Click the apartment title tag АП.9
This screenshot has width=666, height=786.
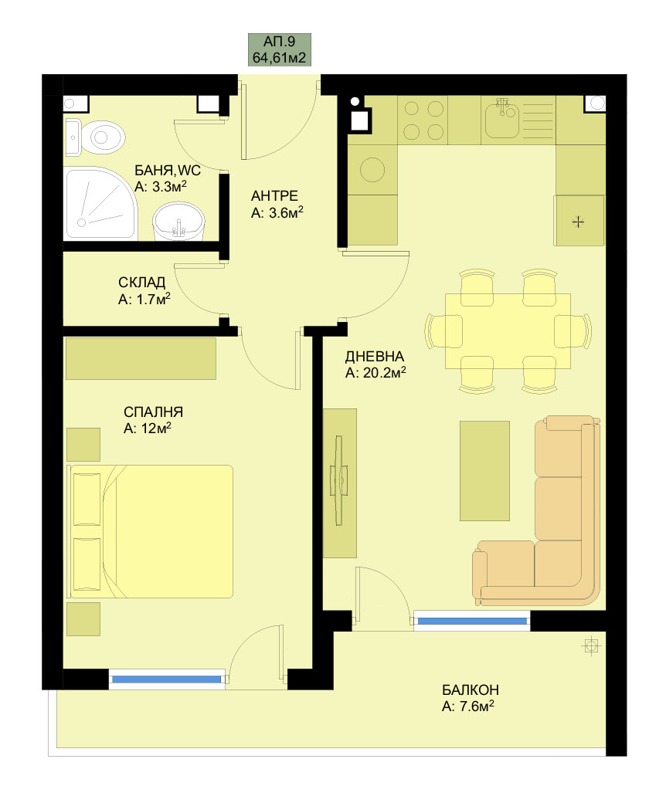pyautogui.click(x=280, y=49)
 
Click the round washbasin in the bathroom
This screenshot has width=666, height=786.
pyautogui.click(x=178, y=221)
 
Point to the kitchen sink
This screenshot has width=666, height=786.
pyautogui.click(x=501, y=119)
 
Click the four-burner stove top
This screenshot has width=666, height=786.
pyautogui.click(x=423, y=120)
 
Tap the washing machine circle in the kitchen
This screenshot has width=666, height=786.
pyautogui.click(x=372, y=169)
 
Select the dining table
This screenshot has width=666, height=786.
pyautogui.click(x=508, y=330)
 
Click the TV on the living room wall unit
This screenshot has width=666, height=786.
pyautogui.click(x=338, y=480)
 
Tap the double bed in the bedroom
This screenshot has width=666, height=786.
pyautogui.click(x=151, y=531)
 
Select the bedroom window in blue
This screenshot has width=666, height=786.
pyautogui.click(x=166, y=679)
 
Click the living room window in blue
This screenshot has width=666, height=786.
pyautogui.click(x=472, y=621)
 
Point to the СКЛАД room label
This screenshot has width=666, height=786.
pyautogui.click(x=142, y=283)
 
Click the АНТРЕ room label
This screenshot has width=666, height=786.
pyautogui.click(x=274, y=195)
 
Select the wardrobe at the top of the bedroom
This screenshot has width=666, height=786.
pyautogui.click(x=141, y=358)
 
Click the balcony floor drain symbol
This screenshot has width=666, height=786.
pyautogui.click(x=591, y=645)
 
